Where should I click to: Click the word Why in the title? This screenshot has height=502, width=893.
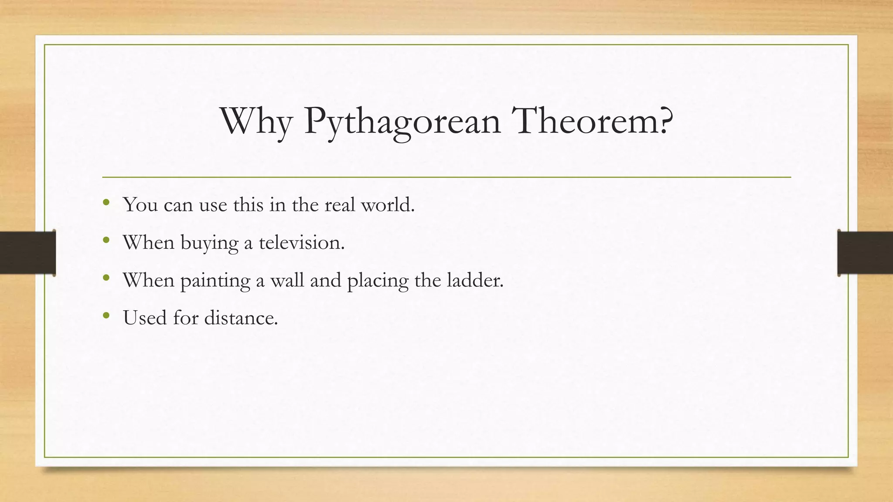point(256,121)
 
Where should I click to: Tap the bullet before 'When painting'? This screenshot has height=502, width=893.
point(106,278)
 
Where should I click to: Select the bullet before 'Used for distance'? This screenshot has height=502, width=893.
point(106,315)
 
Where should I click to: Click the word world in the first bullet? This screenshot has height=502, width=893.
point(388,205)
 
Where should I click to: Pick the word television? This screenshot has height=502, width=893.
point(301,242)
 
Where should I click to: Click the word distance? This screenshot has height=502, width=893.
point(241,318)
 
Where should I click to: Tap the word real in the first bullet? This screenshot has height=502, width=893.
point(340,205)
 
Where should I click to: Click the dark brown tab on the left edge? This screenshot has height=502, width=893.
point(27,253)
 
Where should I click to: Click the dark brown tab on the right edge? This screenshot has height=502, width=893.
point(865,253)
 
